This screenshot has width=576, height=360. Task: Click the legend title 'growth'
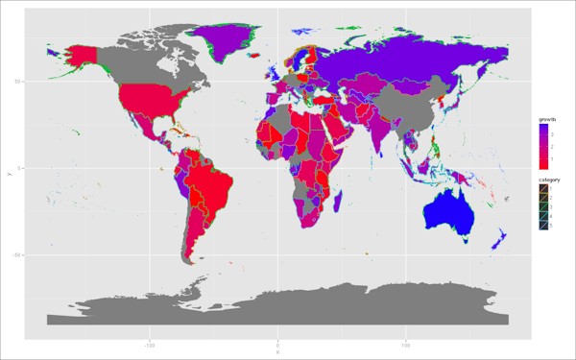548,118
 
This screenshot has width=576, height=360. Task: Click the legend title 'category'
549,180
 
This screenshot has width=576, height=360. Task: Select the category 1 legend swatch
543,188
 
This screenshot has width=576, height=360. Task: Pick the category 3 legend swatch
543,206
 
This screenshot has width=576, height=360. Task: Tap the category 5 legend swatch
543,226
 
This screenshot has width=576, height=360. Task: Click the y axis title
9,171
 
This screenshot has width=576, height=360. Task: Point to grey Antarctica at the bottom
288,307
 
